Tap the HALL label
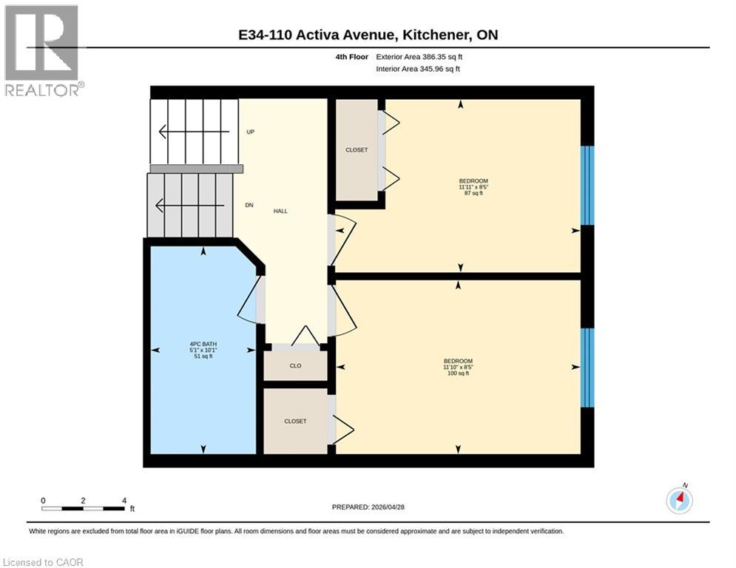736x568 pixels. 280,211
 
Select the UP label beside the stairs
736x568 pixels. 251,132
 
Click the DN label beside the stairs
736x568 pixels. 250,205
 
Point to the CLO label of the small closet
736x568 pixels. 295,365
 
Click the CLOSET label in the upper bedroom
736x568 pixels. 357,150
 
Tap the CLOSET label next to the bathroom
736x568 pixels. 295,421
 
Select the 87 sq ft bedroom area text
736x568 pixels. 473,194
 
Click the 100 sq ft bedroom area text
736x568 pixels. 457,373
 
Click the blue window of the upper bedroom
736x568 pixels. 587,185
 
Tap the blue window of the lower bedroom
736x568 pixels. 587,368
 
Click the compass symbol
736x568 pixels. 679,501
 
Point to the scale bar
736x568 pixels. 83,509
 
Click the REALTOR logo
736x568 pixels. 42,51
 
